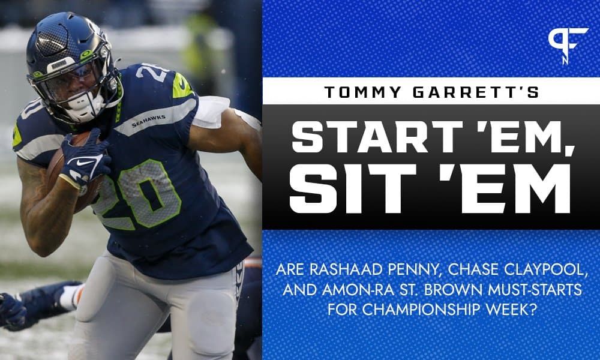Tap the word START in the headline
pos(364,138)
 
